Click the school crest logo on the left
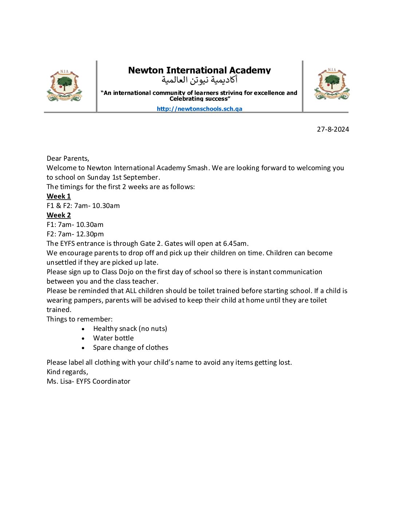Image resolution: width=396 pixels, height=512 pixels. (x=64, y=86)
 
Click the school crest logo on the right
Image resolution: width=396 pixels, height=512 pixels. (x=332, y=84)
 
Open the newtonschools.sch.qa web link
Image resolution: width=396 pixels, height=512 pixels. (x=199, y=109)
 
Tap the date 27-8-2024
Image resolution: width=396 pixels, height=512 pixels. (x=333, y=129)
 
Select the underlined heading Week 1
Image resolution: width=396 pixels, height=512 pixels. (x=59, y=196)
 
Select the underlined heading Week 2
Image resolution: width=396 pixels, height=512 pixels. (x=59, y=215)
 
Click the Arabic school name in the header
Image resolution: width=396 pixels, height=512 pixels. (x=199, y=80)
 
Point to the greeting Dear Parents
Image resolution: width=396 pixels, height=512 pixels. (x=68, y=159)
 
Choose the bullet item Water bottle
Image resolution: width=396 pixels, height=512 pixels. (x=113, y=338)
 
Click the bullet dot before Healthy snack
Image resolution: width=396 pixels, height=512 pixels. (x=83, y=329)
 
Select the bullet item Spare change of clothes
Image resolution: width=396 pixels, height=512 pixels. (x=131, y=348)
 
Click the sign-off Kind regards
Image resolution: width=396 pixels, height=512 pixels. (x=67, y=372)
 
